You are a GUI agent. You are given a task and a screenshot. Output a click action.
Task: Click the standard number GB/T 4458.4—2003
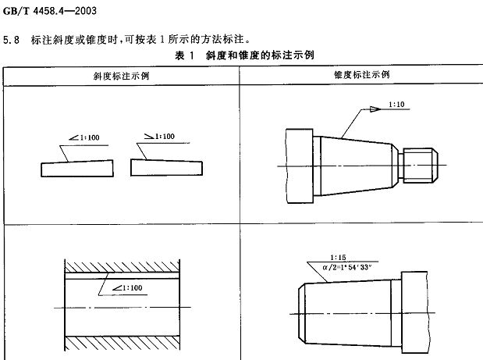[50, 11]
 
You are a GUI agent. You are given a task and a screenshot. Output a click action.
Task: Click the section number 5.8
[12, 40]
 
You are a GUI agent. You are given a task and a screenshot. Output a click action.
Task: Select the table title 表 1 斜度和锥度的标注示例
[244, 55]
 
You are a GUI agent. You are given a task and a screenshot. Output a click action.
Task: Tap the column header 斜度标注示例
[122, 76]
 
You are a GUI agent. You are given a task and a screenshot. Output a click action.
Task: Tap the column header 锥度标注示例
[362, 75]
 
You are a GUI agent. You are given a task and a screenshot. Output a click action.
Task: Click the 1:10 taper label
[396, 105]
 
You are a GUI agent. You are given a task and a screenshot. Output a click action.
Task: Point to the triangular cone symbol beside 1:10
[375, 109]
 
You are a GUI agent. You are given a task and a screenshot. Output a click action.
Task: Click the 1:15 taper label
[338, 258]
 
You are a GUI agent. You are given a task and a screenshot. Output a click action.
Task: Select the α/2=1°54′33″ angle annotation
[347, 267]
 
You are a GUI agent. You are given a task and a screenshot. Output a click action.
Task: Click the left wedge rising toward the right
[77, 169]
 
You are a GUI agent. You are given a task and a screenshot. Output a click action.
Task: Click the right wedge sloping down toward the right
[166, 168]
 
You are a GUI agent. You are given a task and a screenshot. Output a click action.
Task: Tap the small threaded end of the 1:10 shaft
[421, 166]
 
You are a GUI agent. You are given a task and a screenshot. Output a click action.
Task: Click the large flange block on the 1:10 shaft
[300, 166]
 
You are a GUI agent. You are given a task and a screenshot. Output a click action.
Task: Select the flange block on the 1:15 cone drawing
[414, 312]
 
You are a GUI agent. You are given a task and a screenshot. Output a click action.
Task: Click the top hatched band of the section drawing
[122, 267]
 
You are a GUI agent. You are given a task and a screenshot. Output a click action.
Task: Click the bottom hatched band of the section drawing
[122, 343]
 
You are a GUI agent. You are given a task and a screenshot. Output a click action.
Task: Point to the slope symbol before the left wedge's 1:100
[74, 137]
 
